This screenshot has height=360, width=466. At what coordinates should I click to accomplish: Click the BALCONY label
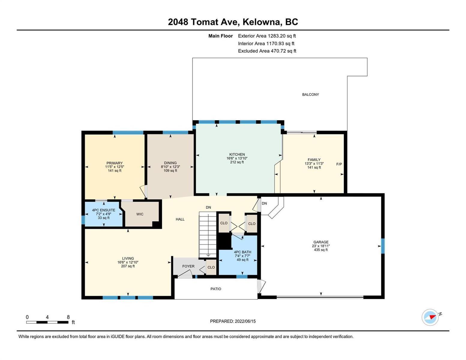tap(310, 94)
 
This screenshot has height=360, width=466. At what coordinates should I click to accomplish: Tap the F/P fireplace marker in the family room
tap(339, 164)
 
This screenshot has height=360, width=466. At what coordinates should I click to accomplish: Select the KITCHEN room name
tap(237, 154)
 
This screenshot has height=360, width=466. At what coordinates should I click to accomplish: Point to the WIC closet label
tap(140, 214)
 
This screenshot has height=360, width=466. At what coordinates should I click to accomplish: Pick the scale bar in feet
tap(47, 322)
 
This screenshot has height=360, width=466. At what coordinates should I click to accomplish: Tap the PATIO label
tap(216, 289)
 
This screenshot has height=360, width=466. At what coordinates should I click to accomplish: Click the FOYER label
tap(188, 266)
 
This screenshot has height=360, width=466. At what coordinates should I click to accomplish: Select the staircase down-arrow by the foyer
tap(208, 255)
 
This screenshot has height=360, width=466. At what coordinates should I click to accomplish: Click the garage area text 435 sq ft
tap(321, 250)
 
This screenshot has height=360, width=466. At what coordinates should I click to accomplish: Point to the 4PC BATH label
tap(242, 252)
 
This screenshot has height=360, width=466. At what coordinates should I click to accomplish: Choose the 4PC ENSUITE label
tap(104, 210)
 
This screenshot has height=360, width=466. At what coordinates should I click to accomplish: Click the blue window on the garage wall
tap(383, 246)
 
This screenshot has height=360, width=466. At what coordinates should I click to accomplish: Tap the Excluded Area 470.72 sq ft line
tap(267, 51)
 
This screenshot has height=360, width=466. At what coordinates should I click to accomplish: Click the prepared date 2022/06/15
tap(245, 321)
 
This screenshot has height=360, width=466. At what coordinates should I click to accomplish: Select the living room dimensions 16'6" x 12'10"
tap(128, 262)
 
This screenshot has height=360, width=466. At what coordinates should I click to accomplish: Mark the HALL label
tap(180, 219)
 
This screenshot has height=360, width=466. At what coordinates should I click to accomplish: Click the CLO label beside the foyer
tap(211, 267)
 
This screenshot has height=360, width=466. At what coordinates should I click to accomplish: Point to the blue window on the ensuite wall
tap(83, 220)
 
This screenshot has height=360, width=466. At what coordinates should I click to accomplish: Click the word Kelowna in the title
tap(262, 22)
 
